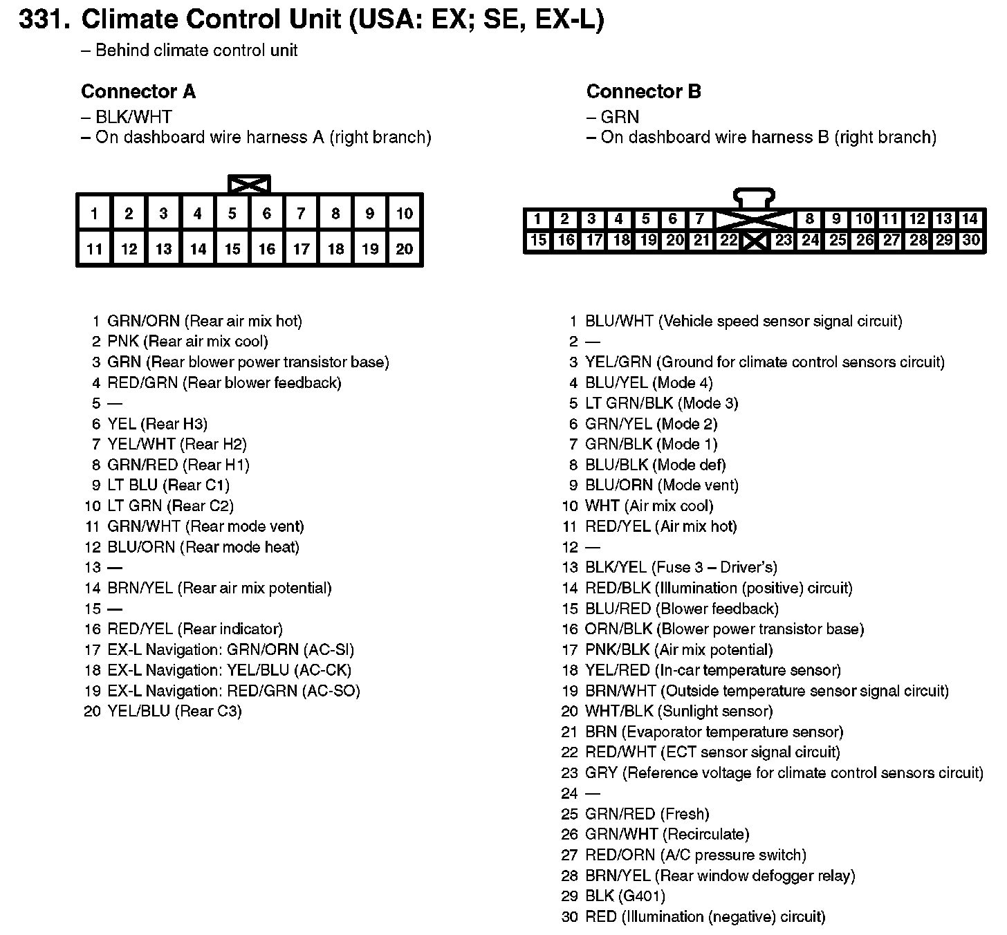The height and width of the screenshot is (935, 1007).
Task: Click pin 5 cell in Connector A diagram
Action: [x=232, y=214]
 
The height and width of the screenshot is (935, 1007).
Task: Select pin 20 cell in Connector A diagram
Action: [x=405, y=249]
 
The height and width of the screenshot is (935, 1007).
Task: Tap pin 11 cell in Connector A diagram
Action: [x=94, y=249]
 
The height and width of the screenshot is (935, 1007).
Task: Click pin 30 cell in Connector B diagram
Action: [x=971, y=241]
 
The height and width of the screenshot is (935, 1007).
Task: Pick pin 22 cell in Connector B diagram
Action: [x=728, y=241]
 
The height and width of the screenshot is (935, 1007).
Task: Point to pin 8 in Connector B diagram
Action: [x=809, y=220]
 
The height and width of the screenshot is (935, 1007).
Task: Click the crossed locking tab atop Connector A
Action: [x=249, y=184]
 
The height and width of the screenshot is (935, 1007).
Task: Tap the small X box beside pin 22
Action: [x=755, y=241]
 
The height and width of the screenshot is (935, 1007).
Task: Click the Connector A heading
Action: [x=138, y=91]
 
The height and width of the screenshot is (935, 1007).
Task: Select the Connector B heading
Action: [x=643, y=91]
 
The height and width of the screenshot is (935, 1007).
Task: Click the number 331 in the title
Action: [x=44, y=21]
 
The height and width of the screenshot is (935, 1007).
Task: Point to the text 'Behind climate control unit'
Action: [x=196, y=50]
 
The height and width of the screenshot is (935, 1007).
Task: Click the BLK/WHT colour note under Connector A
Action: [x=133, y=117]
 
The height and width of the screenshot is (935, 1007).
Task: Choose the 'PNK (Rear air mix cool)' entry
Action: [x=187, y=342]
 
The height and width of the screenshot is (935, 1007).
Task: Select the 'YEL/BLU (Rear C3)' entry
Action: [x=174, y=712]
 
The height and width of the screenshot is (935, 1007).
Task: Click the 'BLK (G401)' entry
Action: [x=625, y=896]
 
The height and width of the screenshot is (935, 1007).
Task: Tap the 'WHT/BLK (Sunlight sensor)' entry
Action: [x=678, y=712]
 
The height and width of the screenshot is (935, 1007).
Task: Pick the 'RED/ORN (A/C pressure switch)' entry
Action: [x=695, y=855]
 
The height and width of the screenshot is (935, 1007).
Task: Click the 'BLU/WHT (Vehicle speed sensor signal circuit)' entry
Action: [x=743, y=322]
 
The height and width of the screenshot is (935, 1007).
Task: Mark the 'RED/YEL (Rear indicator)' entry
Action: [x=195, y=629]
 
